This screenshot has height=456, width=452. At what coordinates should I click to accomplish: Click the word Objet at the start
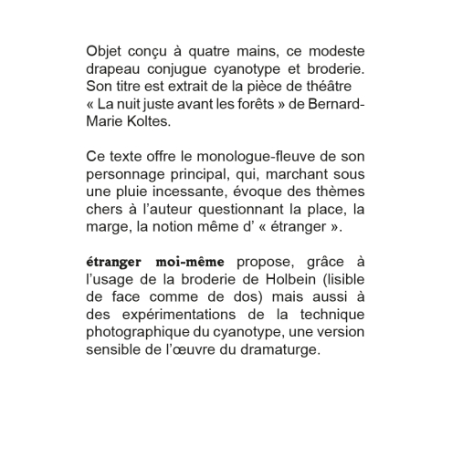104,51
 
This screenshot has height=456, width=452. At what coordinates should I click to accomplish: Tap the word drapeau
120,69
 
